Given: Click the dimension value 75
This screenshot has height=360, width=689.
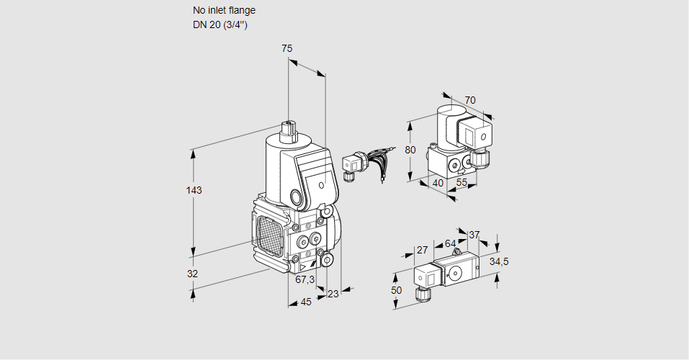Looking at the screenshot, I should coord(287,48).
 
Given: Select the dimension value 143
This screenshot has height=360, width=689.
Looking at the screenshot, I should coord(194,191).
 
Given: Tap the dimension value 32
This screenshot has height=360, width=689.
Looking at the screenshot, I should coord(192,274).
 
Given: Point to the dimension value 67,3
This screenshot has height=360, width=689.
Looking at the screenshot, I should coord(305,279).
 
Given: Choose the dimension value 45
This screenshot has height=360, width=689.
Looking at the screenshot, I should coord(306,302).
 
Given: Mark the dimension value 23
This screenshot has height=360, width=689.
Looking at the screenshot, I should coord(333,293).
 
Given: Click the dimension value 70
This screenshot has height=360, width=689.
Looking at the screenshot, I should coord(470,100).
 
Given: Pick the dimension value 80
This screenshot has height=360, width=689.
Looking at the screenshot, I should coord(410,150).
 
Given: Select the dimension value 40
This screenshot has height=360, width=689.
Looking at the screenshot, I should coord(437,183).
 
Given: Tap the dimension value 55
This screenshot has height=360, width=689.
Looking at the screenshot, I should coord(461,183).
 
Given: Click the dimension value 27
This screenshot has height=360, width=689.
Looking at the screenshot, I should coord(423,251).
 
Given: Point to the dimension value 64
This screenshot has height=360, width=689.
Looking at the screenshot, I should coord(451,243).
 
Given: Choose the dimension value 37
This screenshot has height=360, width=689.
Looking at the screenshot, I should coord(474,235).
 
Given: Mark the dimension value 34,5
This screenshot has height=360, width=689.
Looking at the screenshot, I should coord(499,261).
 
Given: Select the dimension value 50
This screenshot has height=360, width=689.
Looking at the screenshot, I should coord(395,289).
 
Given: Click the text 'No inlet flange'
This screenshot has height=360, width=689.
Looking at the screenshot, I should coord(224,11).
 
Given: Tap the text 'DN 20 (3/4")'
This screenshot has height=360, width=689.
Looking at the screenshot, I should coord(220,24).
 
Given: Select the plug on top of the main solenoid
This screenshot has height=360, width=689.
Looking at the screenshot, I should coord(289,129).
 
